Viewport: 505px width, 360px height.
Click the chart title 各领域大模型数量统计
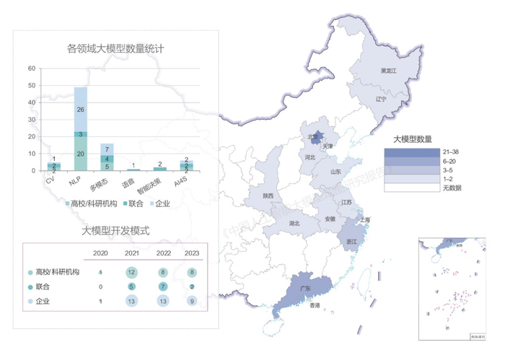(x=115, y=49)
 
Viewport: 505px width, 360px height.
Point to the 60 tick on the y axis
(x=31, y=69)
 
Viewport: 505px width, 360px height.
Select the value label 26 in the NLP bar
(x=81, y=109)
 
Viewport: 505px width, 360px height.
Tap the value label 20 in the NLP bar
(x=81, y=154)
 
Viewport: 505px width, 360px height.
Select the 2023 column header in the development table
(x=191, y=253)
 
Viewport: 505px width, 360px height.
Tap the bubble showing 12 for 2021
(x=131, y=272)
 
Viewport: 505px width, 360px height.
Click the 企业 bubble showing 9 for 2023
(x=191, y=301)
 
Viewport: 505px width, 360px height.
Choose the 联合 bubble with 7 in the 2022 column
(x=162, y=286)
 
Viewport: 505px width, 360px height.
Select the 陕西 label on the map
(x=268, y=196)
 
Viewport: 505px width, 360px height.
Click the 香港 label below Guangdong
(x=315, y=306)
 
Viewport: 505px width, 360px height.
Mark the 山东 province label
(x=335, y=172)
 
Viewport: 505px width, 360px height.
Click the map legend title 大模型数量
(x=413, y=138)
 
